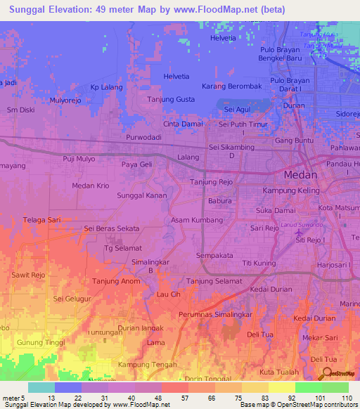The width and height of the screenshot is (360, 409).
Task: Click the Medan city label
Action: [300, 175]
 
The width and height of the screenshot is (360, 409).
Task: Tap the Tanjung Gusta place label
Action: [171, 100]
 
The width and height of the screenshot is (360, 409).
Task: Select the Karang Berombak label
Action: [231, 86]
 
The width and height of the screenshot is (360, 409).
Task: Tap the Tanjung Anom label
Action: [112, 282]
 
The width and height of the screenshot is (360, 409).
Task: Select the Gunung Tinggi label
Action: [41, 342]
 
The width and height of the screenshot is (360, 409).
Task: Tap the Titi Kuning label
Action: [259, 263]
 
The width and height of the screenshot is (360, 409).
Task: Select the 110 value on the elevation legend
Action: [346, 397]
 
